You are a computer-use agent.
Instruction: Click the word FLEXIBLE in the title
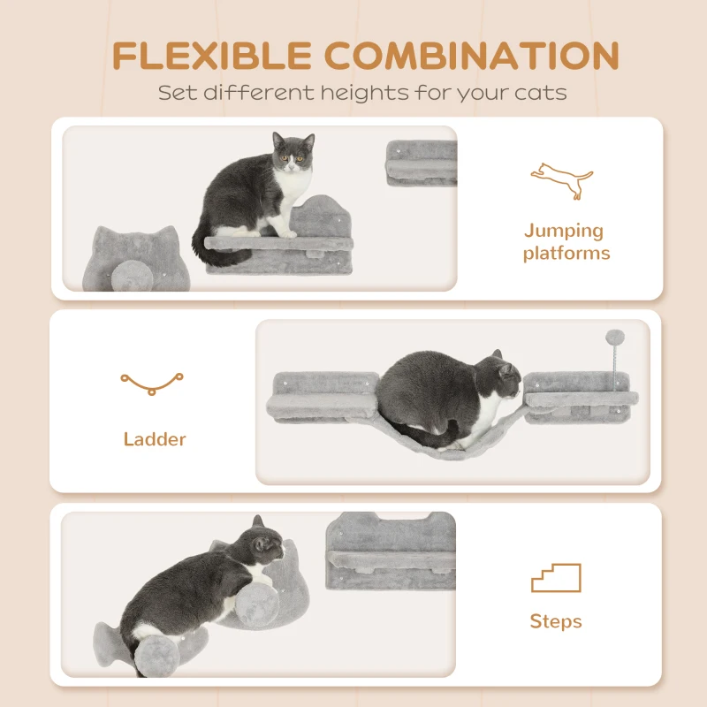click(211, 57)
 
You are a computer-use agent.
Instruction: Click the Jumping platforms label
click(566, 242)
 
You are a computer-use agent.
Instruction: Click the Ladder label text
click(155, 438)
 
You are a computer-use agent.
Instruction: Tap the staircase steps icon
click(556, 578)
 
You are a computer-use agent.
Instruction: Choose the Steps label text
click(556, 621)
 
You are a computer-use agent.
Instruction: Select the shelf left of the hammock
click(326, 398)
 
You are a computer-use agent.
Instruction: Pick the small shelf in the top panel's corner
click(422, 163)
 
